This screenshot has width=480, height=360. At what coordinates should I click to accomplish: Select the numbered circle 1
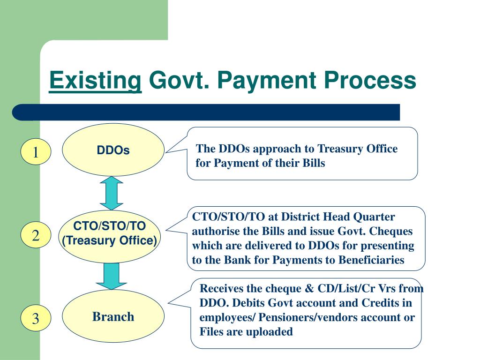[36, 152]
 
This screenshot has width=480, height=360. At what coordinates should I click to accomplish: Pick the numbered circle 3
[36, 319]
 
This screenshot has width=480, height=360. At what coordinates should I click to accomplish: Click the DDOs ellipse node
[113, 150]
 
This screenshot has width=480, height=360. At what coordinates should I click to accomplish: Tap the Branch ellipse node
[113, 317]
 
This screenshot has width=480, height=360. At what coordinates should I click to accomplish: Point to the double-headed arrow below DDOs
[112, 193]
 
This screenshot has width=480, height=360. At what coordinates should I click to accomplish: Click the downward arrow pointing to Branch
[112, 276]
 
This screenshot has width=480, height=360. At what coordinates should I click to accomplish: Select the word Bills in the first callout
[313, 164]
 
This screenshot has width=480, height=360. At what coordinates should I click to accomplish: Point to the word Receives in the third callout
[220, 288]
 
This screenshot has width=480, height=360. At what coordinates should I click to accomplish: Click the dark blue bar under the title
[206, 112]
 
